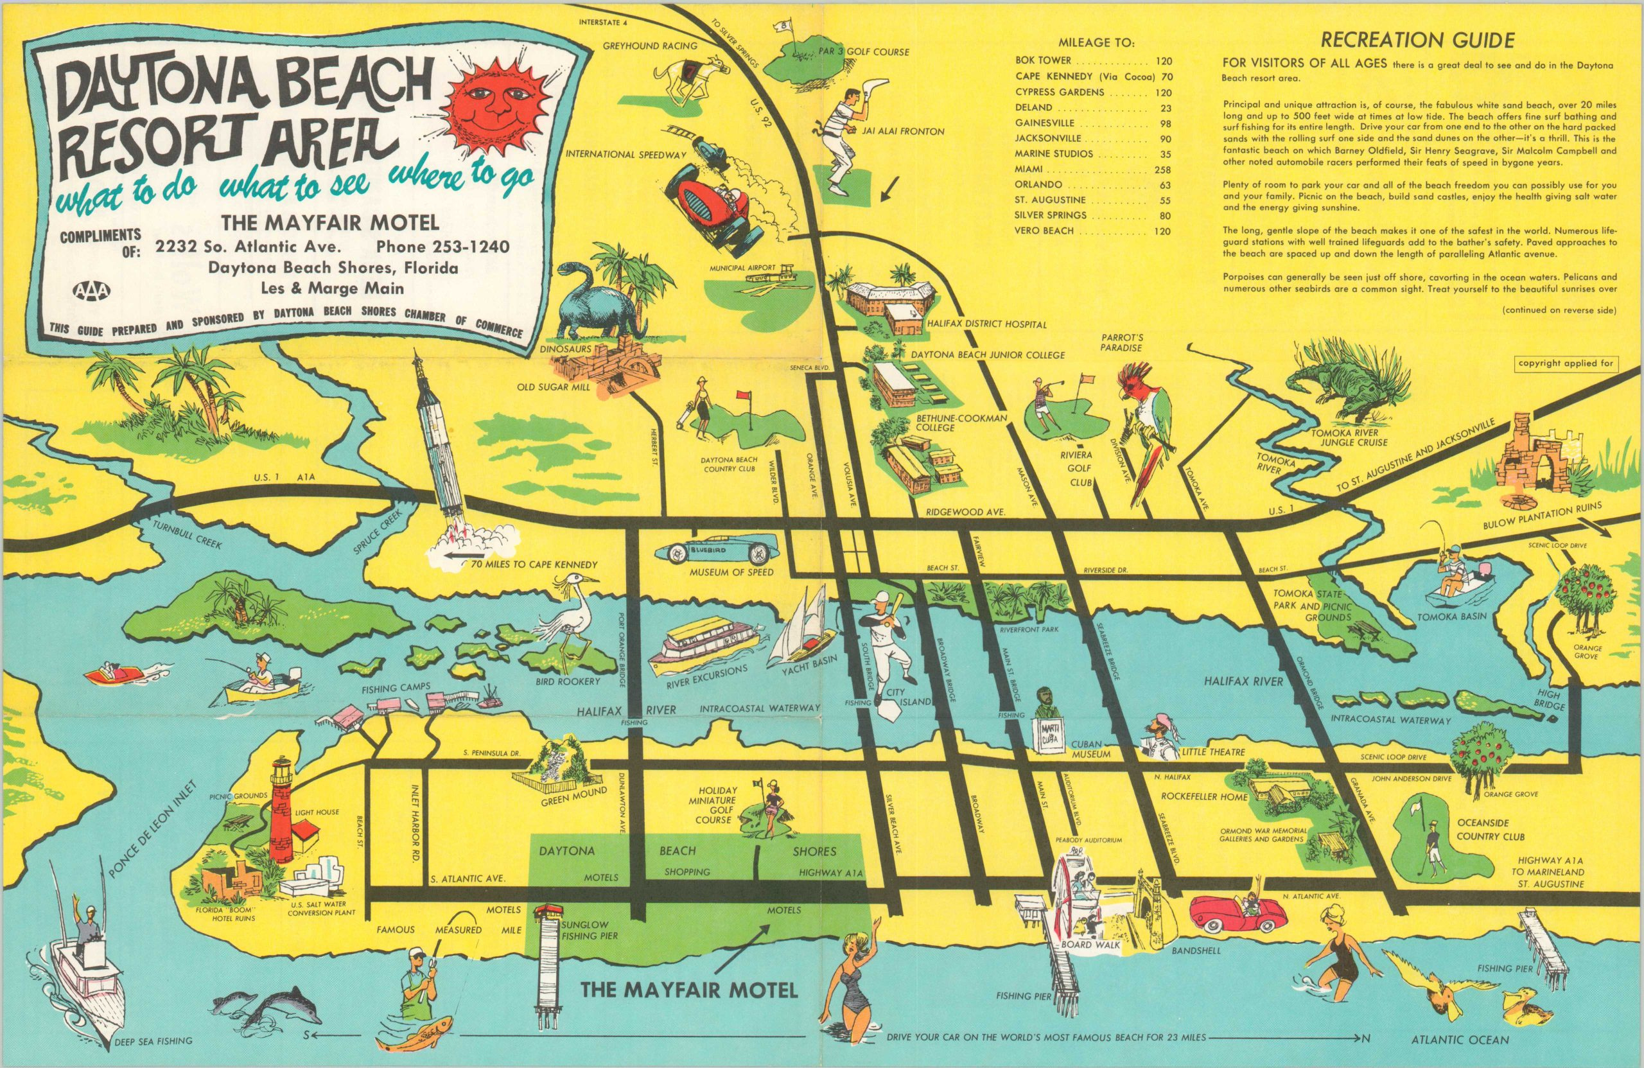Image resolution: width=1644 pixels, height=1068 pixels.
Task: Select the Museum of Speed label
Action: point(731,572)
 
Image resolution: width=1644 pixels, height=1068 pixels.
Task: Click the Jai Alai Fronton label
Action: point(902,131)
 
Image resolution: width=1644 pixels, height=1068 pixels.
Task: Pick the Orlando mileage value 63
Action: point(1165,185)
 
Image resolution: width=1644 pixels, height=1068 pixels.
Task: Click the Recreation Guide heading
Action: point(1418,40)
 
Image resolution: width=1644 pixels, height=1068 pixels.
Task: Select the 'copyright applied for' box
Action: point(1565,363)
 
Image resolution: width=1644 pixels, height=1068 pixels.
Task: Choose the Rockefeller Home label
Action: point(1204,796)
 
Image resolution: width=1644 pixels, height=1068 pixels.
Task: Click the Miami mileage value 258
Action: point(1162,170)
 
